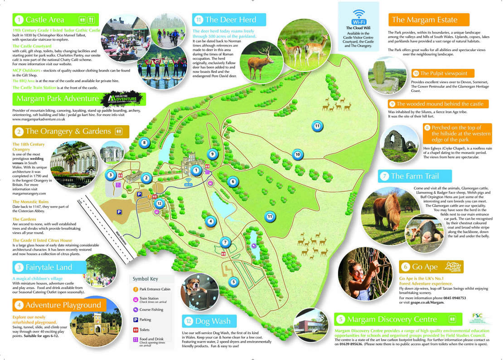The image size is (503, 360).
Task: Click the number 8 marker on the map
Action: pos(144,143)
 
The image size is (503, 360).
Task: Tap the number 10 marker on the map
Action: pos(297,154)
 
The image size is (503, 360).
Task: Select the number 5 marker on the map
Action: pos(233,282)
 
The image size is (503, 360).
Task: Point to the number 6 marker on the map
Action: pos(232,182)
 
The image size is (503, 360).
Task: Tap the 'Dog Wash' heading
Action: pos(212,322)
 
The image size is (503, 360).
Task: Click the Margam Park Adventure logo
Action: pos(123,99)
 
